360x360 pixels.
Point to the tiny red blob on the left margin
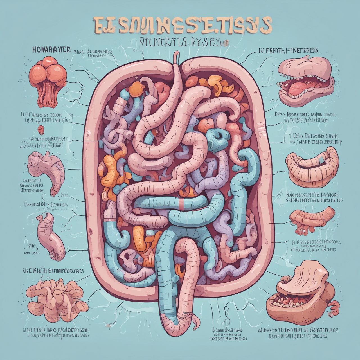tap(40, 128)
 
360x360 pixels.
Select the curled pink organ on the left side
tap(48, 172)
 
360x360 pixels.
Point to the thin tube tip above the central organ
tap(176, 56)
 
